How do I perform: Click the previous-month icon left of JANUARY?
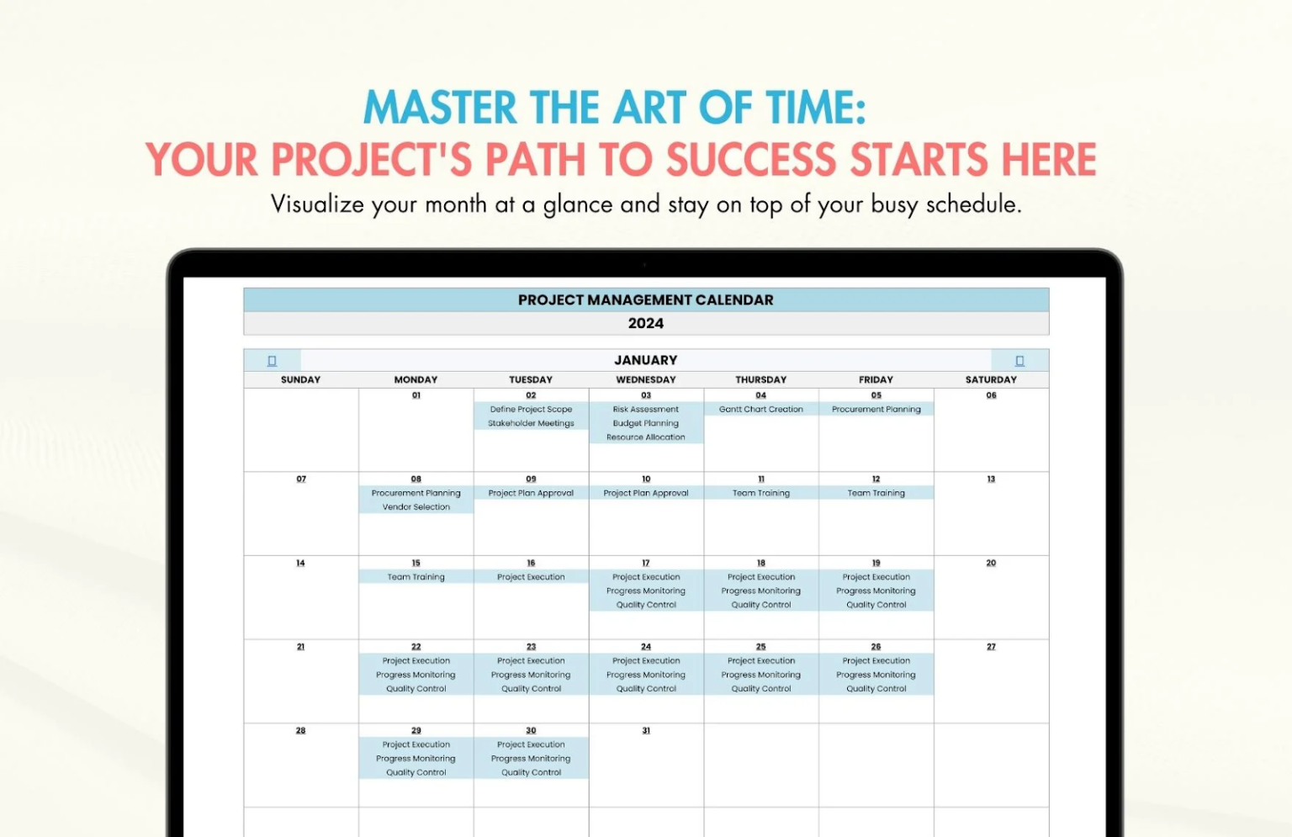tap(272, 361)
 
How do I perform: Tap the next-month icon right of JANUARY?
tap(1019, 361)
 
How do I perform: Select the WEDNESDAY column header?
tap(646, 379)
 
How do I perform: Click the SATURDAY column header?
tap(991, 379)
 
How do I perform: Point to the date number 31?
tap(646, 731)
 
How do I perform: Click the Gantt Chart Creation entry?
tap(761, 410)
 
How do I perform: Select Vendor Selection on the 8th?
tap(416, 507)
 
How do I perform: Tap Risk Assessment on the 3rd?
tap(646, 410)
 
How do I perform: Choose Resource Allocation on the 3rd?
tap(646, 437)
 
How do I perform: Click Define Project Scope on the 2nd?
tap(531, 410)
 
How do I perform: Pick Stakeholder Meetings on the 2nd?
tap(531, 423)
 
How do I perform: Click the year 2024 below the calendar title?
tap(646, 324)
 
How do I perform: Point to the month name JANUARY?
tap(646, 360)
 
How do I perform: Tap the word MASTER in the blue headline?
tap(440, 109)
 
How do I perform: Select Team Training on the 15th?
tap(416, 577)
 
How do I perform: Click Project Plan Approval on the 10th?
tap(646, 493)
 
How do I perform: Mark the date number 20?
tap(991, 563)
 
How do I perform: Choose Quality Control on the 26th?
tap(876, 689)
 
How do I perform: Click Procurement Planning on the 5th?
tap(876, 410)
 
